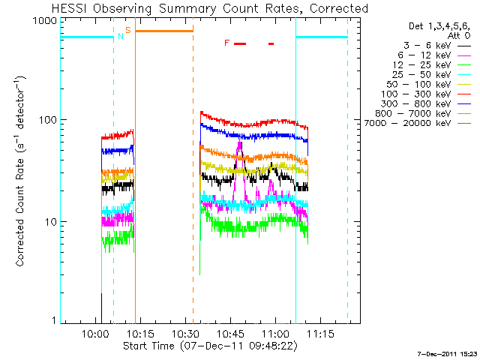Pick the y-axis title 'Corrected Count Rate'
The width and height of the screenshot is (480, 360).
[x=21, y=171]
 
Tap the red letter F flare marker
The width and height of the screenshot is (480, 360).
[x=226, y=43]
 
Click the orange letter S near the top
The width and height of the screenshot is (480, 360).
[x=128, y=30]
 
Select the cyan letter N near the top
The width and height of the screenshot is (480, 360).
[x=120, y=36]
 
